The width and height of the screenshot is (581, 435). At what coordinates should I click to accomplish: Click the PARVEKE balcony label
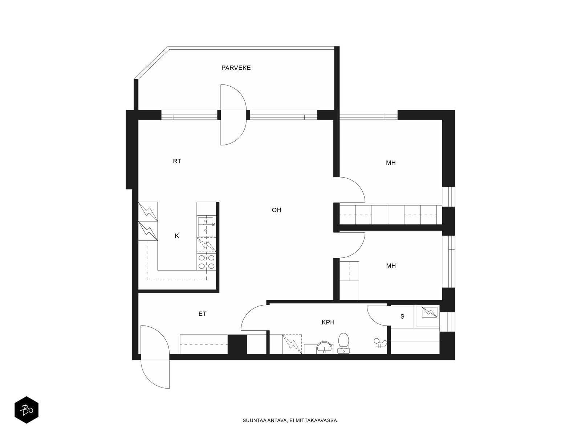(236, 68)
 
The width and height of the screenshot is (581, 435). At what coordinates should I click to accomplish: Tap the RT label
(177, 161)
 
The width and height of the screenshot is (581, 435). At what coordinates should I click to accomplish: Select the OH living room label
(276, 210)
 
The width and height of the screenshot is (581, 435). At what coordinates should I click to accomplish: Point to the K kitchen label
(177, 236)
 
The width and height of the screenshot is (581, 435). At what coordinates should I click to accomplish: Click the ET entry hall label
(202, 314)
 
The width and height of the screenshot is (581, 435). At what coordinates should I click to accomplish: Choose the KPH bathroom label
(328, 322)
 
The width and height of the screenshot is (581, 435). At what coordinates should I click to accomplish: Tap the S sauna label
(402, 316)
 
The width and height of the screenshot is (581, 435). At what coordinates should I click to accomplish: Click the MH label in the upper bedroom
(391, 163)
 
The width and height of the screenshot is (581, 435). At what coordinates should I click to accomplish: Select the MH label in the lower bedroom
(391, 266)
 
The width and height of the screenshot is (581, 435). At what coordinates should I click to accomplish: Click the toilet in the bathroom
(344, 343)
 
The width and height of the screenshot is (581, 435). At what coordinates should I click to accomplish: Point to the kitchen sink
(206, 227)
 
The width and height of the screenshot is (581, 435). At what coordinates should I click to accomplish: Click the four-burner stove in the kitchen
(206, 262)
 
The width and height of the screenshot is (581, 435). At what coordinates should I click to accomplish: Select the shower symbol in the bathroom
(380, 343)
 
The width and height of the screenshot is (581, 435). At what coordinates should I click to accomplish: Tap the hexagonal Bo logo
(27, 410)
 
